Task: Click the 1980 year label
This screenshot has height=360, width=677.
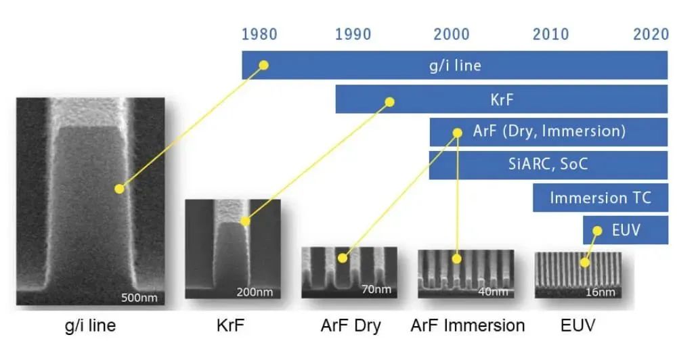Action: pos(259,34)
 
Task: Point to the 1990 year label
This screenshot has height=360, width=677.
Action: pos(353,34)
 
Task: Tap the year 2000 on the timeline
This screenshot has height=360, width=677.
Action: pos(452,34)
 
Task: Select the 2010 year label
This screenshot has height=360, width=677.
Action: pos(550,34)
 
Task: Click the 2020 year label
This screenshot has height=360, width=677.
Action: pos(651,34)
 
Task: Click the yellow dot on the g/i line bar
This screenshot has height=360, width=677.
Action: pos(264,65)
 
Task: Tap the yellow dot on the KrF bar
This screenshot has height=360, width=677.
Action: pos(389,102)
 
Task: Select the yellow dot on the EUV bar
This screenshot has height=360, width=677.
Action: pos(597,231)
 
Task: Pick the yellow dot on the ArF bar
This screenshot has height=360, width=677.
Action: pos(457,133)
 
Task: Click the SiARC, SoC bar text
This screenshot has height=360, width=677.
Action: pos(548,164)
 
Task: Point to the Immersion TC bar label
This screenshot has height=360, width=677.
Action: pos(600,198)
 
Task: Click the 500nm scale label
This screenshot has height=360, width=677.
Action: pos(139,298)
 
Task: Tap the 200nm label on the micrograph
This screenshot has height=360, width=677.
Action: pos(255,292)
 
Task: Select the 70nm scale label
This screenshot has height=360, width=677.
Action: pos(376,289)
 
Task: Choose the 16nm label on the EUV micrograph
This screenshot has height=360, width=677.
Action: pos(600,292)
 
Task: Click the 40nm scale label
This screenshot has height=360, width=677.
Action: pos(493,292)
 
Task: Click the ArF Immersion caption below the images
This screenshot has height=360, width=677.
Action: pos(468,325)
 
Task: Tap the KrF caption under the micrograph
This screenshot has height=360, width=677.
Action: pos(230,325)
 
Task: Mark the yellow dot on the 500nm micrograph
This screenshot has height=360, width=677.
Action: pos(120,189)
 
